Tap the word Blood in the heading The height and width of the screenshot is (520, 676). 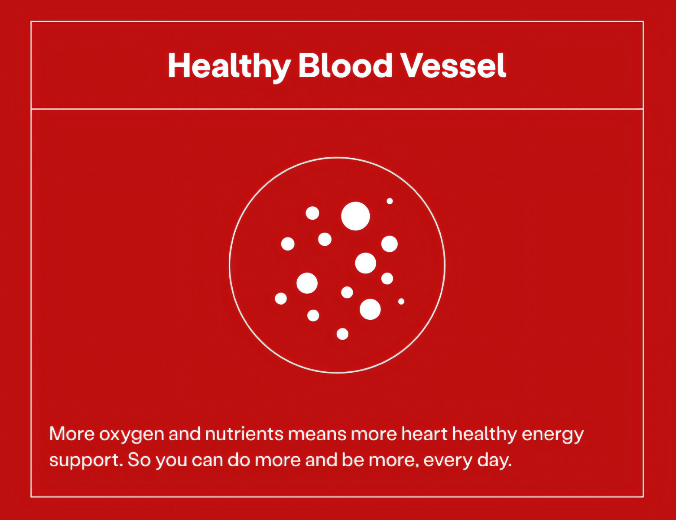pyautogui.click(x=345, y=65)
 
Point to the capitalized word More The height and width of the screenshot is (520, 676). pyautogui.click(x=72, y=433)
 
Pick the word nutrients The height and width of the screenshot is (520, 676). pyautogui.click(x=244, y=433)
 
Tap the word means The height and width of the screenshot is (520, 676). pyautogui.click(x=317, y=435)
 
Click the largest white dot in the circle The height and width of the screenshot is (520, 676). pyautogui.click(x=355, y=216)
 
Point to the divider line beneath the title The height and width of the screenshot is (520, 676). pyautogui.click(x=337, y=109)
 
